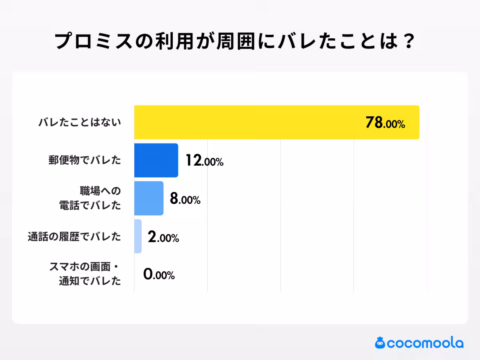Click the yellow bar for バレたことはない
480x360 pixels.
click(x=276, y=122)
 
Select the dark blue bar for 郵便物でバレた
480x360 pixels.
click(x=156, y=160)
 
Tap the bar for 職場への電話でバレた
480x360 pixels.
click(x=149, y=198)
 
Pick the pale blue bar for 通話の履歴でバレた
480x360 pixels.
click(x=138, y=236)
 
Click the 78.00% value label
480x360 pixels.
click(x=385, y=123)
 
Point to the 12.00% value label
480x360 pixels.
click(x=204, y=161)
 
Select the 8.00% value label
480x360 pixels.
click(x=185, y=199)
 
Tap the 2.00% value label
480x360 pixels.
click(x=163, y=238)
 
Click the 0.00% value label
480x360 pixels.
click(x=159, y=275)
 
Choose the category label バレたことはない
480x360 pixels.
click(x=80, y=123)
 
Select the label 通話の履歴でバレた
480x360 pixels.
click(x=74, y=237)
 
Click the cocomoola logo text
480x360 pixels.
click(x=426, y=343)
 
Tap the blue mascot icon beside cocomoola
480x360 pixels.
click(x=380, y=342)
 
